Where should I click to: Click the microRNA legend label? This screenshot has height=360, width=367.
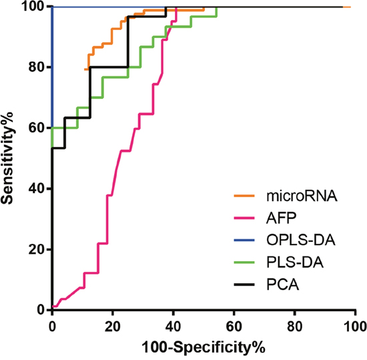click(302, 196)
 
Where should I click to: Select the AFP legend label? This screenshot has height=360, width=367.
click(282, 218)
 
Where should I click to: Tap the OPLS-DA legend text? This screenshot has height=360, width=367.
click(301, 240)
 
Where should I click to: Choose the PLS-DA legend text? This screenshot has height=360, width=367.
click(295, 262)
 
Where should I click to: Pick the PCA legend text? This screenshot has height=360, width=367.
click(283, 285)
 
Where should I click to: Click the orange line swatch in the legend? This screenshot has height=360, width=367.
click(244, 196)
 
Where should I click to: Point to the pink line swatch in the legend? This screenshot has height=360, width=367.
click(244, 218)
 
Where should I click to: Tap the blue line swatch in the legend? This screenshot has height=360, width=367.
click(244, 240)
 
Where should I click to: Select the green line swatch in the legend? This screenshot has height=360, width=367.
click(244, 262)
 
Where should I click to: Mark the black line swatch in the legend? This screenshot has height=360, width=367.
click(244, 285)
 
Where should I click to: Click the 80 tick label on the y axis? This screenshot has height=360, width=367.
click(37, 67)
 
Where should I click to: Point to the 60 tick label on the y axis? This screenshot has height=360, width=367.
click(37, 128)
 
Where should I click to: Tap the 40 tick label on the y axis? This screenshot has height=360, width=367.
click(37, 188)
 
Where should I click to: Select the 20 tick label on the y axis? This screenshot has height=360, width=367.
click(37, 249)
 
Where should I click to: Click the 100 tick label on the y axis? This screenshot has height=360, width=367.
click(33, 6)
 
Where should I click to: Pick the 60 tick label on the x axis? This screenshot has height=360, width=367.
click(234, 327)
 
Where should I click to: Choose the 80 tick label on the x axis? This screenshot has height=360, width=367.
click(294, 327)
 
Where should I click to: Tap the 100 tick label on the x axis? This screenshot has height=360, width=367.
click(355, 327)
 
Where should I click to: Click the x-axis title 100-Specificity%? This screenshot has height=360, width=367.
click(204, 347)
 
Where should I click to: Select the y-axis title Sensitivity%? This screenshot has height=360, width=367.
click(7, 158)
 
